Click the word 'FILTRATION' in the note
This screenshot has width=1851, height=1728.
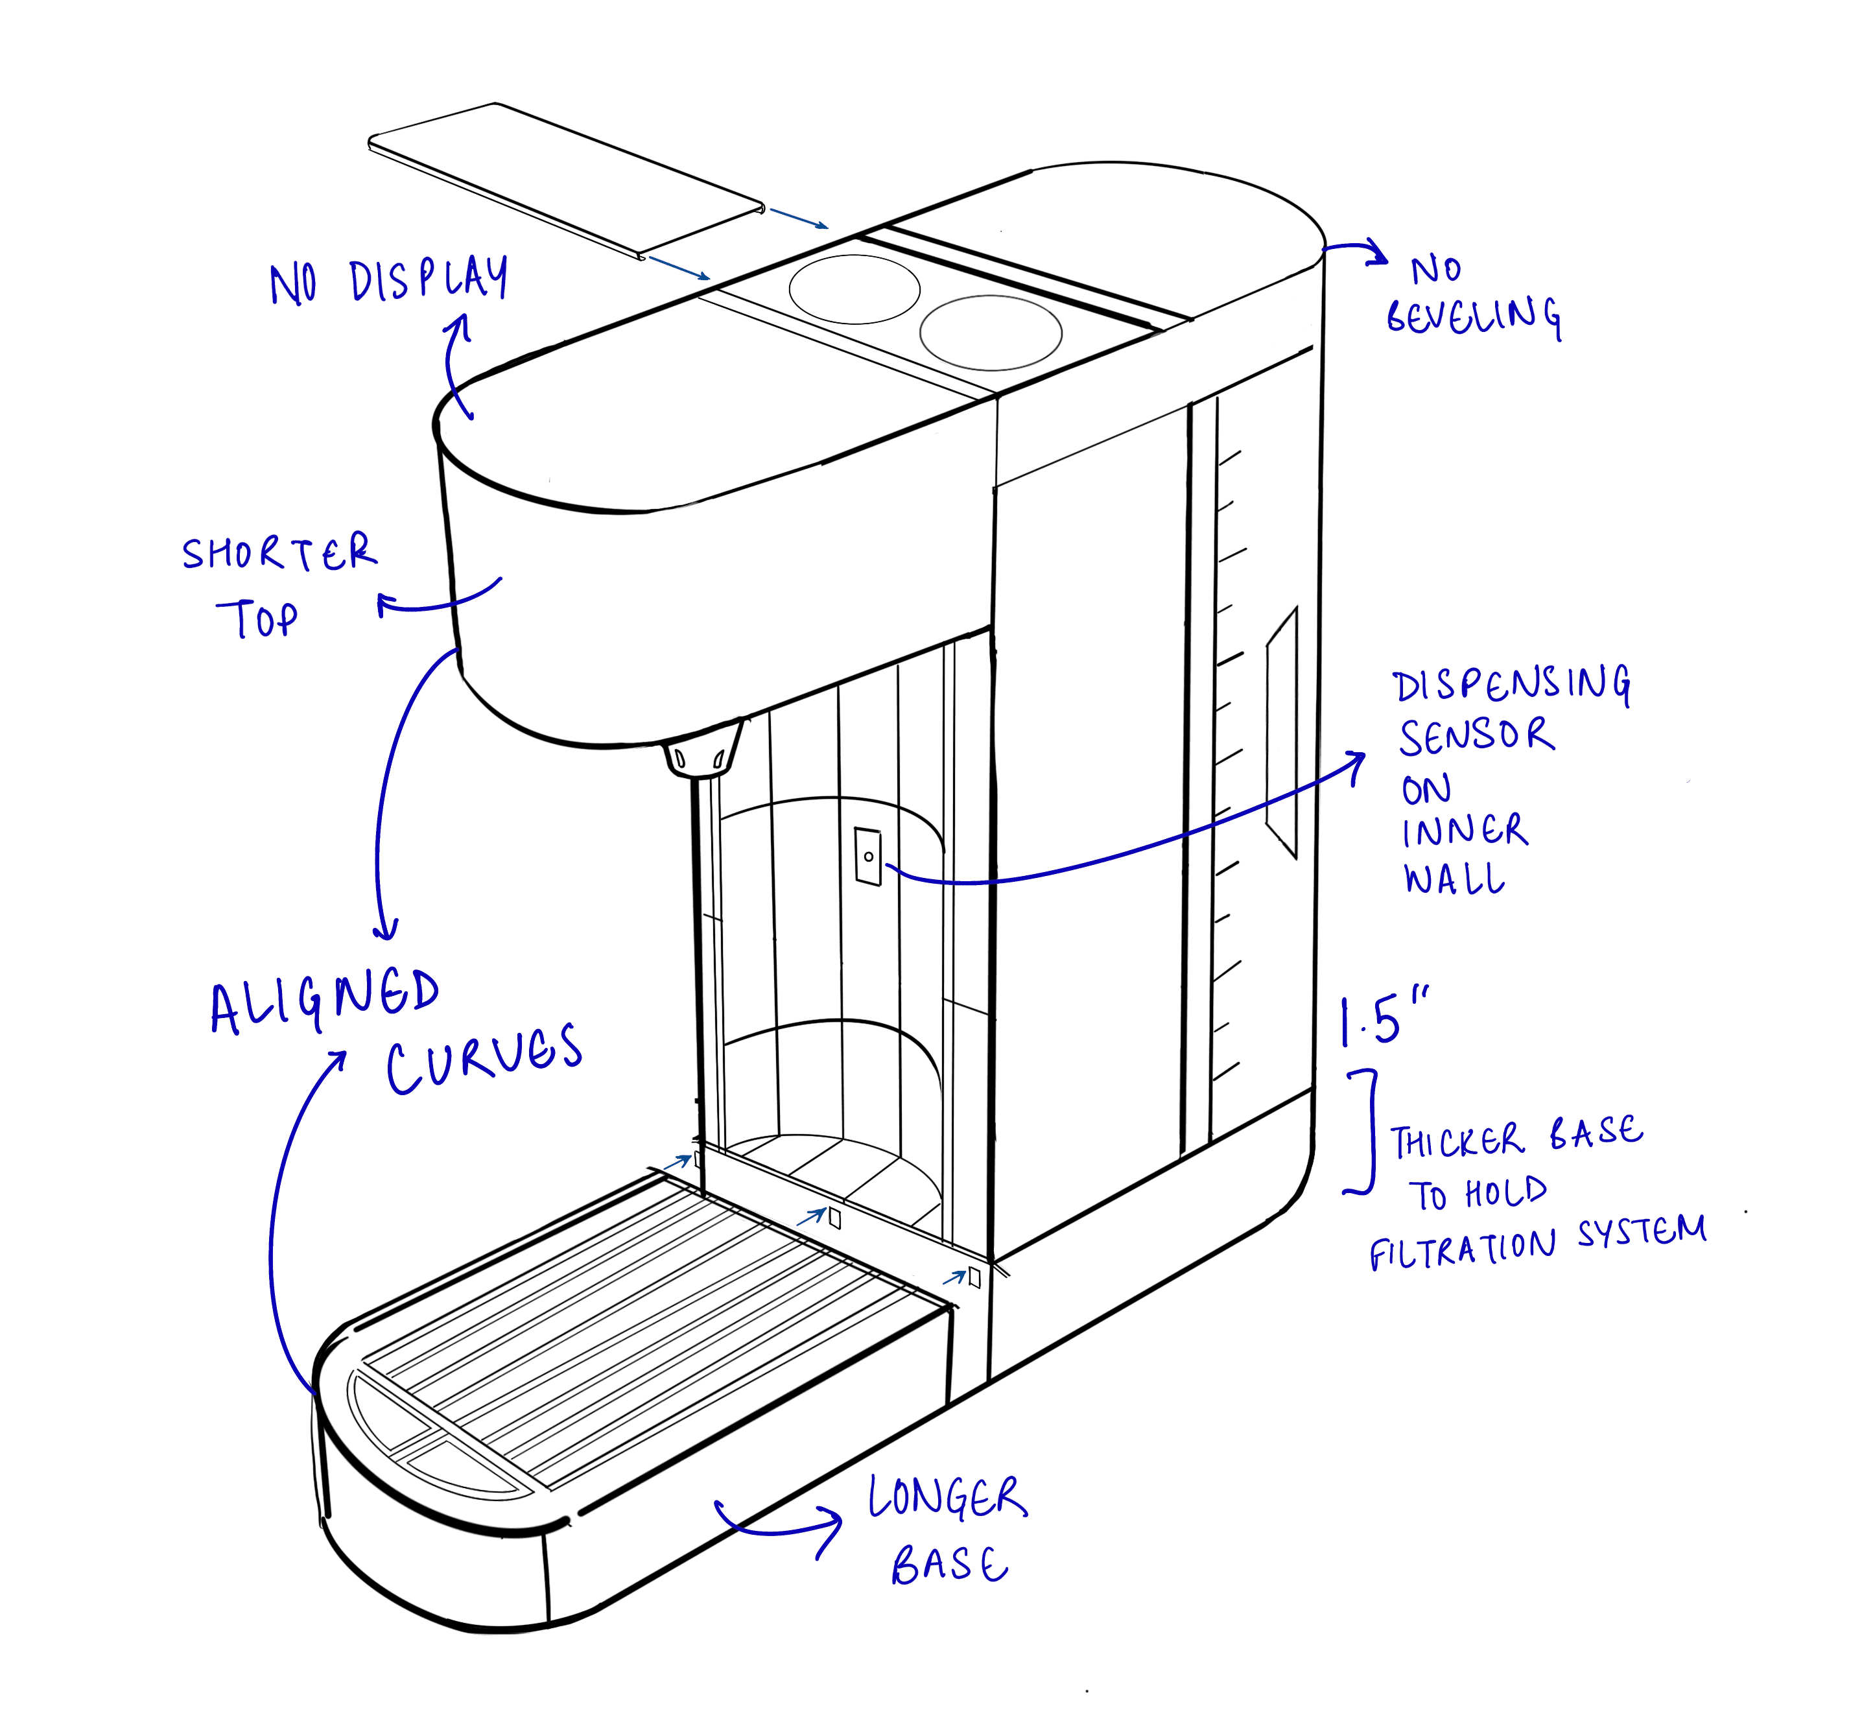(1462, 1248)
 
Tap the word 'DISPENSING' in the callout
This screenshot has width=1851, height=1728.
(1511, 687)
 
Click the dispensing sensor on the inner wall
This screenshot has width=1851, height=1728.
(867, 854)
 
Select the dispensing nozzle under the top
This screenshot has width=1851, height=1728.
(703, 750)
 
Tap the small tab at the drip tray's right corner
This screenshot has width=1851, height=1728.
(974, 1277)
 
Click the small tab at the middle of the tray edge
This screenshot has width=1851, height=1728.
(835, 1217)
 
